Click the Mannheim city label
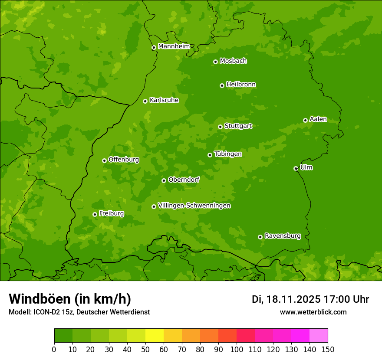point(174,46)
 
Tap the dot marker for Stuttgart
point(220,127)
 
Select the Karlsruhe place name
point(164,100)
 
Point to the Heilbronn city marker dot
point(222,85)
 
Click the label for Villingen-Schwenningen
point(194,206)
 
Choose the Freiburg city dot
point(95,214)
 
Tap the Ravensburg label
point(282,236)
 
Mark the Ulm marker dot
point(296,168)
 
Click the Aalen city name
point(318,119)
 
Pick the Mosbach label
point(233,61)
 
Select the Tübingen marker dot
point(210,155)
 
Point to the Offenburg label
point(124,160)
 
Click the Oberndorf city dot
point(164,180)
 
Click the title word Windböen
point(40,299)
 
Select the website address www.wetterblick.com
point(313,312)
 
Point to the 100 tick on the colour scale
point(237,349)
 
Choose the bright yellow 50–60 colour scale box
point(155,335)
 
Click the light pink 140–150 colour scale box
point(319,335)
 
